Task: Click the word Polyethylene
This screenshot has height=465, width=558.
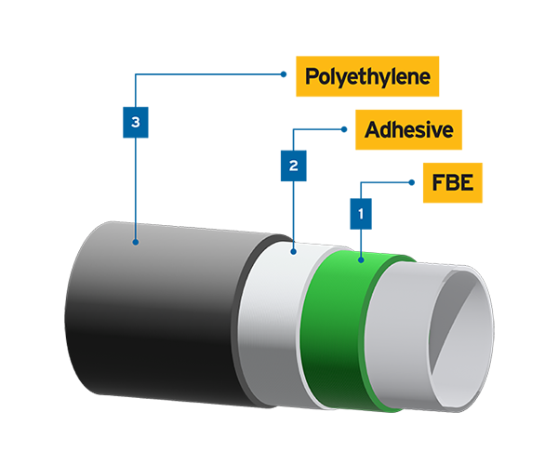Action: pos(368,77)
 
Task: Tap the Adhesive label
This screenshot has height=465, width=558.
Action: pos(408,130)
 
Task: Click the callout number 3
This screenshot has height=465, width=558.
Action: pos(136,122)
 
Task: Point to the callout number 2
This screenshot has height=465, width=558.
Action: pos(293,166)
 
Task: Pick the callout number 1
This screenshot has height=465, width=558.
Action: pos(361,213)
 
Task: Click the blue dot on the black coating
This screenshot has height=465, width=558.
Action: pos(136,242)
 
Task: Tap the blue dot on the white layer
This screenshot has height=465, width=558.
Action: pos(293,250)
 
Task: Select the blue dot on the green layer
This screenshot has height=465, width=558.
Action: pos(361,259)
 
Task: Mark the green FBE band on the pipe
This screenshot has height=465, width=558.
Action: pos(339,325)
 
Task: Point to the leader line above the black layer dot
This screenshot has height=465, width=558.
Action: pos(136,229)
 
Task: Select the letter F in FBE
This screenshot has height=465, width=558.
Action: pos(437,182)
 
